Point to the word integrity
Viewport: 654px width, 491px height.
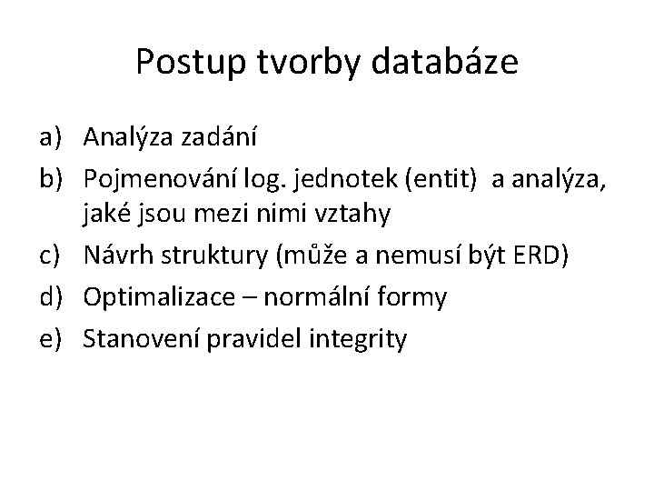point(357,339)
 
